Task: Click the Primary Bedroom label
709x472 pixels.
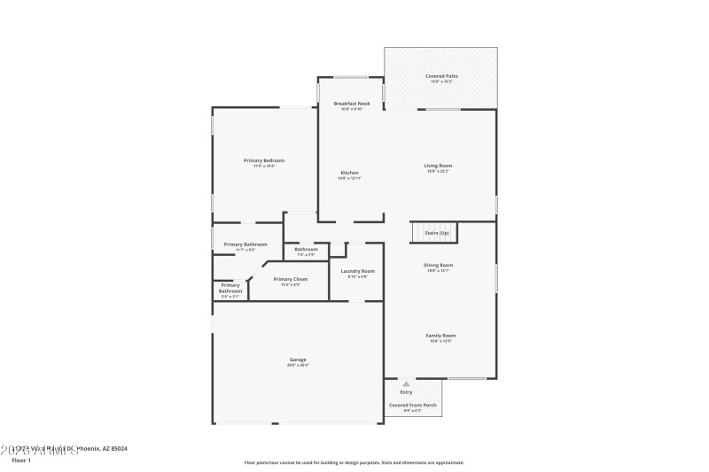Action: pos(264,160)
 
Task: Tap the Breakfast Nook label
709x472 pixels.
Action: pos(352,104)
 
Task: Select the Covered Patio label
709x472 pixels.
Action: pos(441,76)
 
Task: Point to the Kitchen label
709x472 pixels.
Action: pos(350,172)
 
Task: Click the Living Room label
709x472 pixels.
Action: pos(439,166)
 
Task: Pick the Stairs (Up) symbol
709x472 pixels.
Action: pos(432,232)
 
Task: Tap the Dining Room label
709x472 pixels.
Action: pos(439,265)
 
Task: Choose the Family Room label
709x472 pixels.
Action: pos(440,336)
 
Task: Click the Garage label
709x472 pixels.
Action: pos(297,360)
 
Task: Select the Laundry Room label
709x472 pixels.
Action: pos(357,271)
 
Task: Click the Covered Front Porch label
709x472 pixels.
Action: pos(413,405)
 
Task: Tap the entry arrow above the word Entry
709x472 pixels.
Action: pos(406,384)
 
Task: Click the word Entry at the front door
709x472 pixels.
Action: pos(406,391)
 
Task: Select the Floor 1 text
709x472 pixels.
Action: pos(21,460)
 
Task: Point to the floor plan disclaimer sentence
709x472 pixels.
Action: pos(354,462)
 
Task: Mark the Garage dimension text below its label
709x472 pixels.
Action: pos(297,365)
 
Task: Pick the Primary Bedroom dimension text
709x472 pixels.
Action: pos(264,166)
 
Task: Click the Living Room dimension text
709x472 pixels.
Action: pos(439,172)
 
